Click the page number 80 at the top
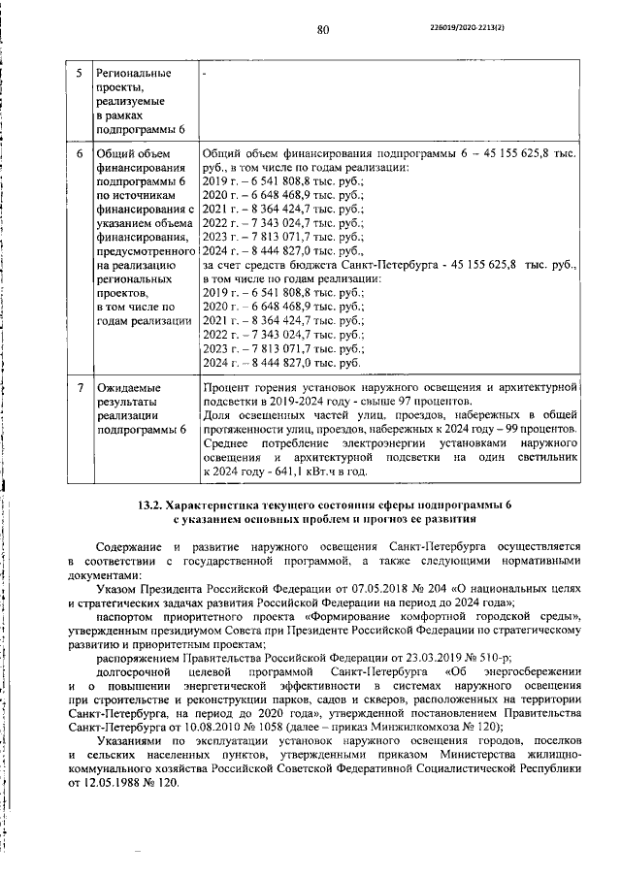pyautogui.click(x=323, y=29)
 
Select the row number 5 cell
pyautogui.click(x=79, y=74)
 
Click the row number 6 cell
pyautogui.click(x=79, y=152)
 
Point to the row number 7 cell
pyautogui.click(x=79, y=388)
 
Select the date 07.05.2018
pyautogui.click(x=383, y=589)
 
